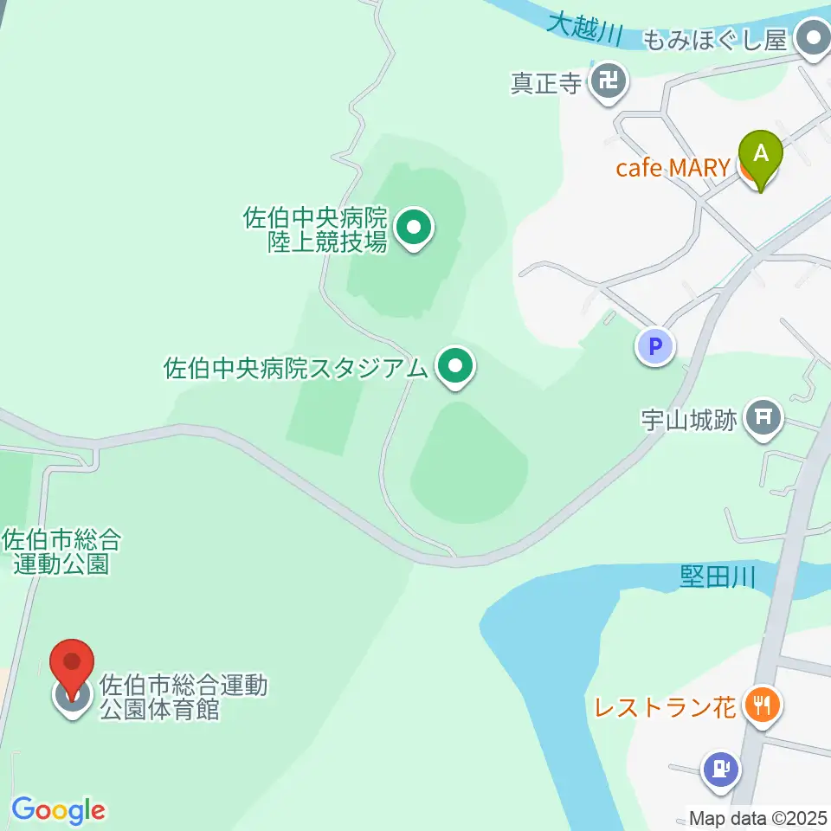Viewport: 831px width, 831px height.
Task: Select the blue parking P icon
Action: click(x=655, y=348)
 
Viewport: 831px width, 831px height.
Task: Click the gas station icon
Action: click(x=720, y=768)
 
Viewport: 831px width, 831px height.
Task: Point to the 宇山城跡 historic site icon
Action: click(x=763, y=419)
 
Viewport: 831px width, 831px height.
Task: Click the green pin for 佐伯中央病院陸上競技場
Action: click(x=414, y=229)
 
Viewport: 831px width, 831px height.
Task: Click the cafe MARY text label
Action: click(x=673, y=167)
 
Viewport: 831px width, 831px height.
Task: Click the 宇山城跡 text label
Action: click(x=689, y=421)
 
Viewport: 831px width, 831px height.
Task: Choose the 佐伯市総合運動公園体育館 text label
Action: click(x=184, y=698)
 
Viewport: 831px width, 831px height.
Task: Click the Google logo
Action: click(x=58, y=810)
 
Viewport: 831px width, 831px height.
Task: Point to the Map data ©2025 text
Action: click(x=757, y=817)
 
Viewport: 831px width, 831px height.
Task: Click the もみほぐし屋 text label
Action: click(x=714, y=40)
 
